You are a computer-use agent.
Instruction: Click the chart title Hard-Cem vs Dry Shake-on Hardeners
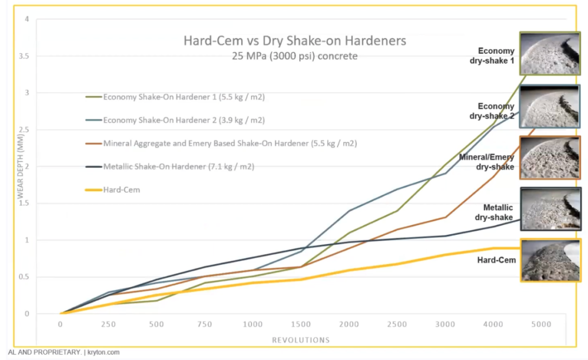coord(295,41)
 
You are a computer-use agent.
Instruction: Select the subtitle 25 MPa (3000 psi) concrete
coord(295,56)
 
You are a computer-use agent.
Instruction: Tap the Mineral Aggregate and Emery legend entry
coord(230,143)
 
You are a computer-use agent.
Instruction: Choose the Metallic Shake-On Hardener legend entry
coord(179,167)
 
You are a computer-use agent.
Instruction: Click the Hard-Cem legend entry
coord(121,189)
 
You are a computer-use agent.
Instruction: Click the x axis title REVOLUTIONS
coord(301,340)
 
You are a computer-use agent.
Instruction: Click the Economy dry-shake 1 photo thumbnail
coord(550,53)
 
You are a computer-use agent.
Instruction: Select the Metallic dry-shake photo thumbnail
coord(550,208)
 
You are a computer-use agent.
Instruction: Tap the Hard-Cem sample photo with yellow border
coord(550,260)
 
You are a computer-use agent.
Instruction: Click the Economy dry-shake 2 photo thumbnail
coord(550,106)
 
